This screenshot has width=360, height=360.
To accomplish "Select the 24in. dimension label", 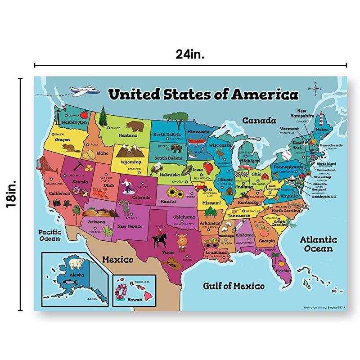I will click(191, 54).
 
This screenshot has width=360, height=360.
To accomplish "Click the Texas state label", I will click(167, 252).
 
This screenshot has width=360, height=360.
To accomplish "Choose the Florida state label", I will click(283, 271).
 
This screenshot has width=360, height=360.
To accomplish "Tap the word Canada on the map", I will click(259, 121).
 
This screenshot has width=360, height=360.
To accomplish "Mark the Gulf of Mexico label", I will click(233, 286).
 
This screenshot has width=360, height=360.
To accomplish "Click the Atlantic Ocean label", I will click(318, 244).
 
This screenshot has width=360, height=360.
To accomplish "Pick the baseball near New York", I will click(287, 156).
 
